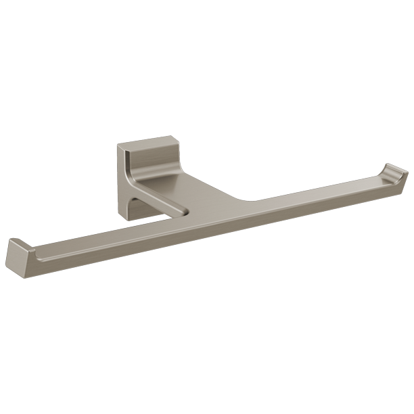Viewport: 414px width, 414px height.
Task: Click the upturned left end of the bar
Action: (18, 254)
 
